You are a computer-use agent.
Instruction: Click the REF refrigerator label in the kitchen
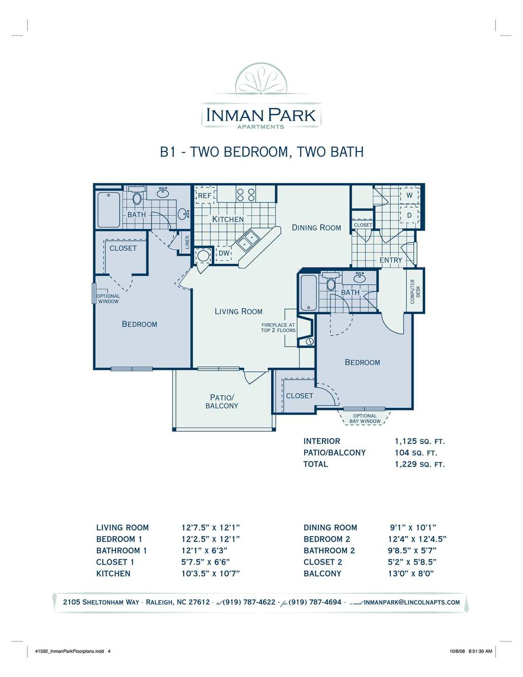point(205,196)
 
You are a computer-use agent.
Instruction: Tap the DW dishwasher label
point(223,253)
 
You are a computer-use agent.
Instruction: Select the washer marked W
point(409,195)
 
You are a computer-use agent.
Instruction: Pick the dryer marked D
point(409,215)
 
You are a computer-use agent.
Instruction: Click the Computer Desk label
point(415,291)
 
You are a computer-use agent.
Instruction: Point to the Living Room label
point(238,311)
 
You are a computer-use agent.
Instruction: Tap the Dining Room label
point(316,228)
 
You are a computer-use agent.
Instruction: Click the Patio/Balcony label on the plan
point(222,402)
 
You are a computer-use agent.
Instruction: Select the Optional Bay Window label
point(365,419)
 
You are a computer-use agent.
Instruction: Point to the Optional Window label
point(108,299)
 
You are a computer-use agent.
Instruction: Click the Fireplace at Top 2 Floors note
point(278,327)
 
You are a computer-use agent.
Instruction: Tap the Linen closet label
point(187,242)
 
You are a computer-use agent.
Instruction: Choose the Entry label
point(391,260)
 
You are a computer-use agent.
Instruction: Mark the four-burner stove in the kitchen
point(246,194)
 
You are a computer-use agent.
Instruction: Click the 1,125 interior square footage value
point(405,441)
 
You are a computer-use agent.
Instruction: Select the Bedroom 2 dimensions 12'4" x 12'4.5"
point(417,539)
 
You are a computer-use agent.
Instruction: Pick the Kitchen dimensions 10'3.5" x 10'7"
point(211,574)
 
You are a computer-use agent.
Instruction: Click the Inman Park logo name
point(261,115)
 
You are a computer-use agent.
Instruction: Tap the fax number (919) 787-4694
point(315,602)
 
